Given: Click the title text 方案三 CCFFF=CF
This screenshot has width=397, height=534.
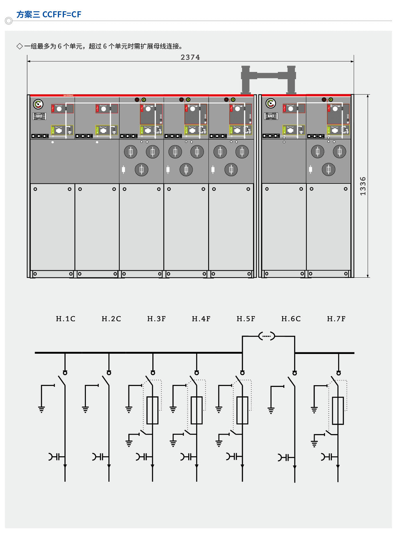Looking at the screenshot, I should tap(49, 14).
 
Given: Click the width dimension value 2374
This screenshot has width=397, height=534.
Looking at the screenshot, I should tap(190, 57).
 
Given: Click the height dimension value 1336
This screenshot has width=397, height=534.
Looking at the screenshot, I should tap(363, 186).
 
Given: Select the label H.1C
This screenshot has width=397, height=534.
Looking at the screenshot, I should tap(66, 319).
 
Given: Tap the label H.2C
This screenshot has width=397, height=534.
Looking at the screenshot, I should tap(111, 319).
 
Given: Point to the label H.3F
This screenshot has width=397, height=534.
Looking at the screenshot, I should tap(156, 319).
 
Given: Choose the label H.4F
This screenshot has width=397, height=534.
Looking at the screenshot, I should tap(201, 319).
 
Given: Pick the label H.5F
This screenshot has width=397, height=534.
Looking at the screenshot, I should tap(246, 319).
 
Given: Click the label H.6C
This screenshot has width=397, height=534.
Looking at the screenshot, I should tap(291, 319).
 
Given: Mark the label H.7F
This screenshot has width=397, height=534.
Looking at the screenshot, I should tap(336, 319).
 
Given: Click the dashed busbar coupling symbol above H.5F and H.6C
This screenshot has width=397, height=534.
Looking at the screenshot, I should tap(267, 336).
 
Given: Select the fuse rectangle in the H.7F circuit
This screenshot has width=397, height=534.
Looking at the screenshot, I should tap(338, 411).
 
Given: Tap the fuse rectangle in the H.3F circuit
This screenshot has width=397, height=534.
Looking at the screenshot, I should tap(152, 410).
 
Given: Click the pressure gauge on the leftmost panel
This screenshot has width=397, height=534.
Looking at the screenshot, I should tap(38, 104).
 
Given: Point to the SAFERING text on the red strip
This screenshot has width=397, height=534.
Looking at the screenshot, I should tap(68, 95).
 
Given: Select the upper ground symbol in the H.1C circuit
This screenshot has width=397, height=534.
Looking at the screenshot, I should tap(42, 409).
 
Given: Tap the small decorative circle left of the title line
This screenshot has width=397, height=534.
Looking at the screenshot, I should tap(9, 21).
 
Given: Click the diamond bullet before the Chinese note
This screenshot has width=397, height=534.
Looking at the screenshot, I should tap(20, 46).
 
